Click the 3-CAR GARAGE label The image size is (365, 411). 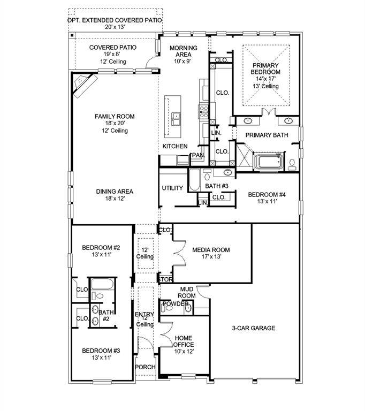(254, 328)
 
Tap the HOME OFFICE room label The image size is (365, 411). (184, 341)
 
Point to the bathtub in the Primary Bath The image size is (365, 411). (270, 161)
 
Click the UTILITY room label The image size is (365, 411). (172, 188)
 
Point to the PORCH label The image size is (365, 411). (145, 367)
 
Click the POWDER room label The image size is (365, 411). (176, 304)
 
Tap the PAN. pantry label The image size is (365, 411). (198, 155)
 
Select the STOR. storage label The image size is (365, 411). (165, 279)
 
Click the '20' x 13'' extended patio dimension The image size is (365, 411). (115, 27)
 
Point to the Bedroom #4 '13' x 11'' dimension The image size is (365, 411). (267, 202)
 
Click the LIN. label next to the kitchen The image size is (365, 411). (216, 133)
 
